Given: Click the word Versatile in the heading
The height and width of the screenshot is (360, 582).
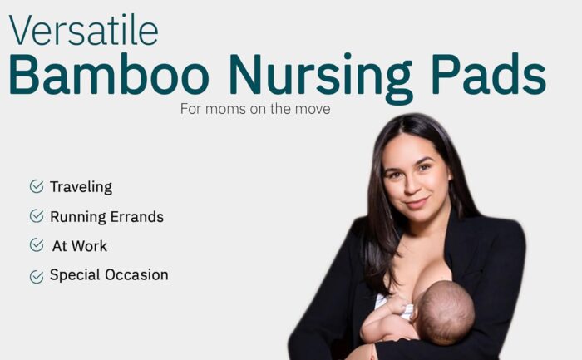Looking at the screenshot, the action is click(83, 31).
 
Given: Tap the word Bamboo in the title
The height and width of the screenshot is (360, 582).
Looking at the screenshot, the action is click(109, 74).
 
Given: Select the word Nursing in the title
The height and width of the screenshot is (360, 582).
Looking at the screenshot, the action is click(321, 79).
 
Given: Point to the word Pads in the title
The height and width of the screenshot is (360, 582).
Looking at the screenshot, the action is click(489, 73).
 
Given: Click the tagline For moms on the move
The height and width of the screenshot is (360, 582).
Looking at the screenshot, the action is click(255, 109).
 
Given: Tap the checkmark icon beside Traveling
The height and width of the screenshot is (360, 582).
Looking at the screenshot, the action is click(37, 186).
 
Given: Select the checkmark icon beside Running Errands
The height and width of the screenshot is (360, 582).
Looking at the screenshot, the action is click(37, 215).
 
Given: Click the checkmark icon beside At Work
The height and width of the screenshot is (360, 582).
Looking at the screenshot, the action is click(37, 245).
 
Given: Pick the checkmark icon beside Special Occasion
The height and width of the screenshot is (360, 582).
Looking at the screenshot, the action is click(37, 277).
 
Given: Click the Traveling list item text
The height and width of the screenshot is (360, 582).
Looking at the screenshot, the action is click(81, 187).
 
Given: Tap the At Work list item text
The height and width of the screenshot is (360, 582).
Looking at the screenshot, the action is click(80, 246).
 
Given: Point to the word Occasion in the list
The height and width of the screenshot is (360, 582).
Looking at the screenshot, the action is click(136, 275).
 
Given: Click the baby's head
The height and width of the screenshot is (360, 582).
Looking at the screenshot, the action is click(446, 312).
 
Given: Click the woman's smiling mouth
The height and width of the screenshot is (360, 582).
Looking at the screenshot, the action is click(417, 203).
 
